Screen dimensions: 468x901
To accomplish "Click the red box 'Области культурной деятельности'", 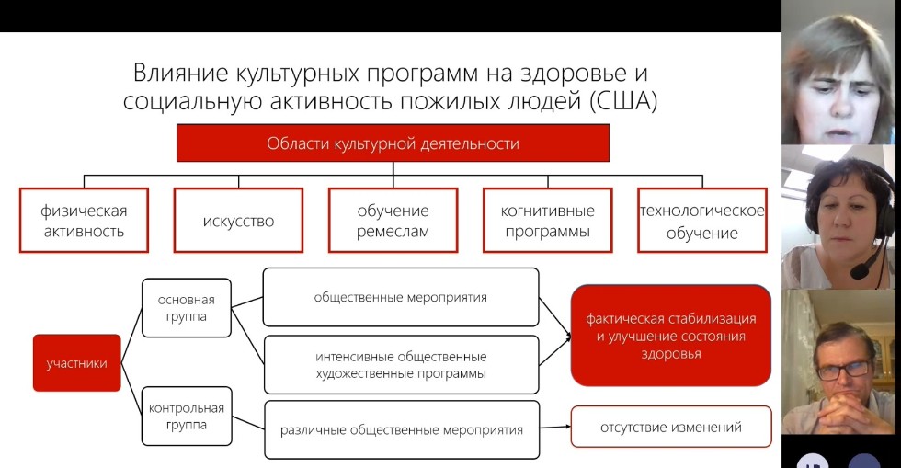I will coord(393,143).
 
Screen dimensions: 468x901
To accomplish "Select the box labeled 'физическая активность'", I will coord(84,221).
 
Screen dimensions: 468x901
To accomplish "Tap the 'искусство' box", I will coord(238,221).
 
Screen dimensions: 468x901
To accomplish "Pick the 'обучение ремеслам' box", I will coord(393,221).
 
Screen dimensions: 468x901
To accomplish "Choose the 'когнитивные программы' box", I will coord(546,221).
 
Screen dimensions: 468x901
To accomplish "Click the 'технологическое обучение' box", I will coord(702,221).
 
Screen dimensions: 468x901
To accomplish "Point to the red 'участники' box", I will coord(76,362).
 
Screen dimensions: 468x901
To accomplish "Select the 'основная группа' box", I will coord(186,309).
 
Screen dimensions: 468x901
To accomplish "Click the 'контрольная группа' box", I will coord(186,416).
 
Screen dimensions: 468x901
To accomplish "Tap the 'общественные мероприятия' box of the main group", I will coord(400,297).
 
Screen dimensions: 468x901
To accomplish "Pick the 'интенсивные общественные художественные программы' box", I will coord(400,364).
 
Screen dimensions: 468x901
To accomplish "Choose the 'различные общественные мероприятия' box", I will coord(402,428).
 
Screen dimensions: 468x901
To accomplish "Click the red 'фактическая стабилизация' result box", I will coord(670,335).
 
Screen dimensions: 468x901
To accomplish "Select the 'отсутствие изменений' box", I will coord(670,427).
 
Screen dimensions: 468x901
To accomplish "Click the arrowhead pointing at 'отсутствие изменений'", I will coord(565,428).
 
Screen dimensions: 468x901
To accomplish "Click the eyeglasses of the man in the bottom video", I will coord(842,370).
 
